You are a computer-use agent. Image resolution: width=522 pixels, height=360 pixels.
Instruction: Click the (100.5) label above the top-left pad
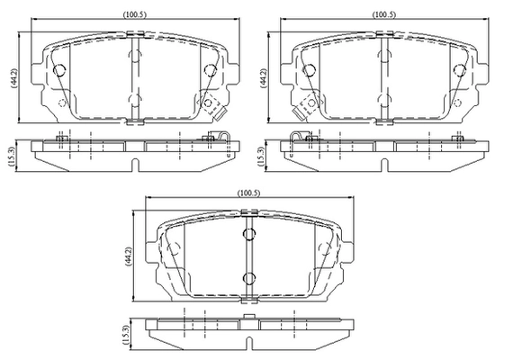pos(135,14)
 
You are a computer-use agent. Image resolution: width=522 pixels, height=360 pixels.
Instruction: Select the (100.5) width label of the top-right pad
pos(384,14)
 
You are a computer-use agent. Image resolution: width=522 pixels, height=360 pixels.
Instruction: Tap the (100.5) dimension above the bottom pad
pos(248,193)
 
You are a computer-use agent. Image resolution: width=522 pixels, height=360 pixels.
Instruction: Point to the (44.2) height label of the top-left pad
pos(14,78)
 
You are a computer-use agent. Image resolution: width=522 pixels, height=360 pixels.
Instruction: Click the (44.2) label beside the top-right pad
pos(264,78)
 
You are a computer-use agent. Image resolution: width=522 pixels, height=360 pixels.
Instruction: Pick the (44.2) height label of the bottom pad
pos(128,256)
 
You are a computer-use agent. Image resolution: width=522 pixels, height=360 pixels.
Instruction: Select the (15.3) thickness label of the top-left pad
pos(12,157)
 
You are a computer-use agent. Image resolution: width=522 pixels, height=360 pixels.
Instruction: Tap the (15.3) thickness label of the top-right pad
pos(261,157)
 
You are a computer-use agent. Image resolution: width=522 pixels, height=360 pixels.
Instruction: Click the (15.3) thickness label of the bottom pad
pos(125,335)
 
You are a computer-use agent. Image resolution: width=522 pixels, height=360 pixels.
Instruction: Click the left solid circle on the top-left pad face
pos(59,70)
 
